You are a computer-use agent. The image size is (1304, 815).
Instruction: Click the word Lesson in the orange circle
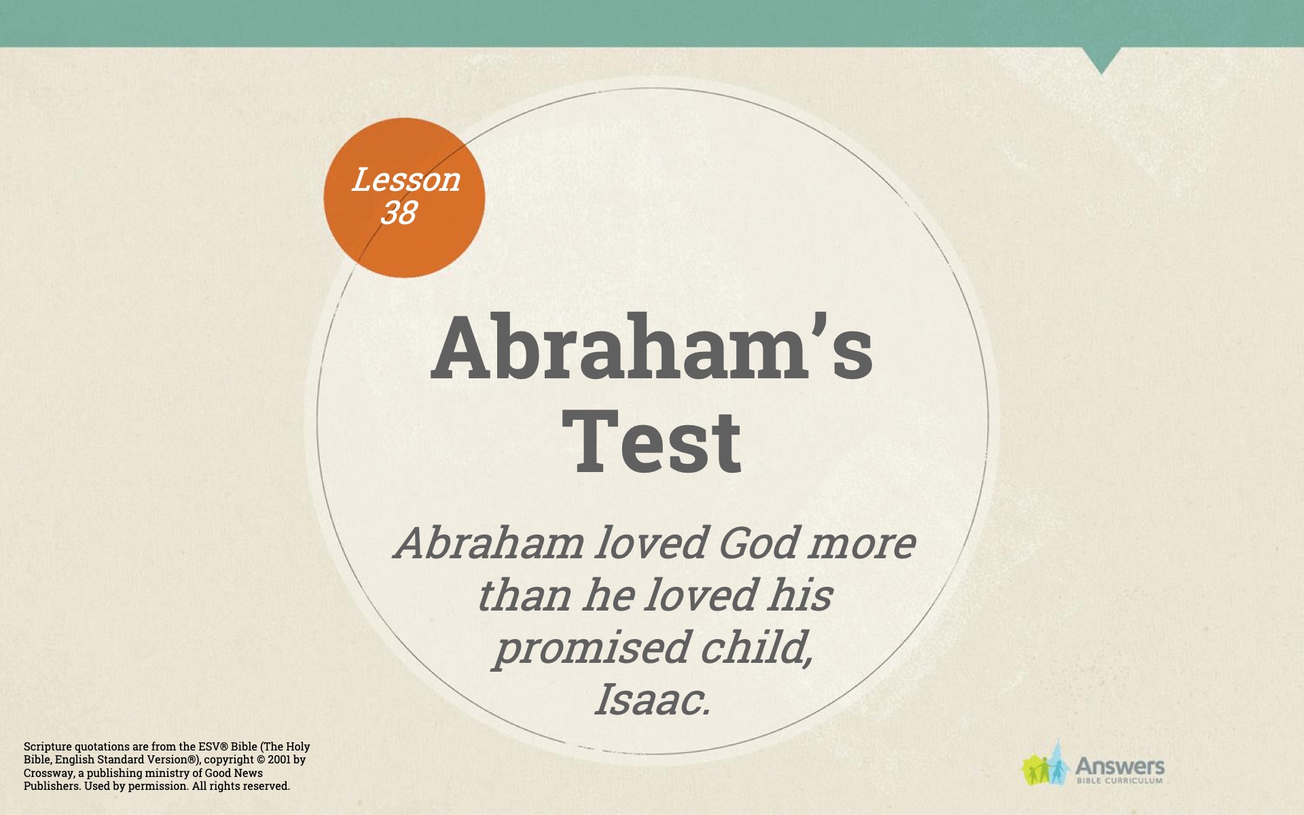(405, 180)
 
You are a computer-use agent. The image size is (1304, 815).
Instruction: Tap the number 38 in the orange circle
(398, 213)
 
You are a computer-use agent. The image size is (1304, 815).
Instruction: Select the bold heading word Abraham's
(652, 347)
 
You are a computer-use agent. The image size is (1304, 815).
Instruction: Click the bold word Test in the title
(651, 441)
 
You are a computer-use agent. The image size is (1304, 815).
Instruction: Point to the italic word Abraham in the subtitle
(488, 543)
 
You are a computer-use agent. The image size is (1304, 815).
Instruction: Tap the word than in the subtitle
(524, 595)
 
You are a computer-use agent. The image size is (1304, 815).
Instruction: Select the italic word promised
(591, 649)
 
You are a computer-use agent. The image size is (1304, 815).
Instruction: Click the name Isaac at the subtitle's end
(652, 700)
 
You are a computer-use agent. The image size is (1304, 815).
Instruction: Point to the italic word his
(799, 595)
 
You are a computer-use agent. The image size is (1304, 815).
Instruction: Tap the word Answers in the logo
(1120, 767)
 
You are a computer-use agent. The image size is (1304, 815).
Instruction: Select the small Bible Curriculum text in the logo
(1120, 781)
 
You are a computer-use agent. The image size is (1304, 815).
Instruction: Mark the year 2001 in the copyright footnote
(280, 759)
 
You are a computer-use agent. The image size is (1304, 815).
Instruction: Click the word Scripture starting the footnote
(48, 747)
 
